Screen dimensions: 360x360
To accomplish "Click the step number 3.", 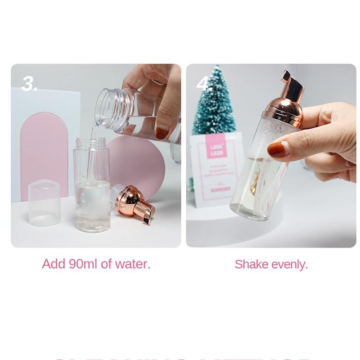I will (x=29, y=83).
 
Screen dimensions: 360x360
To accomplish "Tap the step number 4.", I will (x=204, y=83).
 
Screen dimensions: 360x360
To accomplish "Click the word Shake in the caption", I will (x=251, y=264).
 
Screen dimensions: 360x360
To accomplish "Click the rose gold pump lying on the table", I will (x=134, y=205).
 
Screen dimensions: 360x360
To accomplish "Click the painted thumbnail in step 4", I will (x=278, y=149).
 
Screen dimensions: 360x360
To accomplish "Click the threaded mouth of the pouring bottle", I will (x=110, y=108).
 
